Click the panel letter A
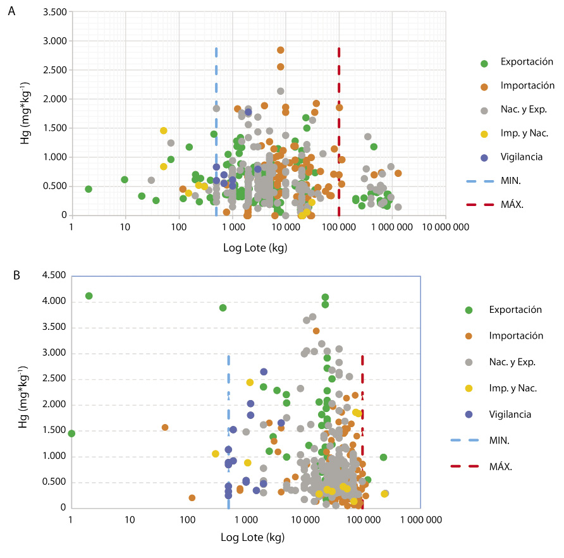tap(11, 11)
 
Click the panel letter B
tap(16, 276)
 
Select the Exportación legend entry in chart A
tap(517, 62)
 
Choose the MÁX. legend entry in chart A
tap(494, 205)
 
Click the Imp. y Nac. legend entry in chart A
tap(514, 133)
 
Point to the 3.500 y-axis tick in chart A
tap(55, 12)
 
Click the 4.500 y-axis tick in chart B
tap(54, 275)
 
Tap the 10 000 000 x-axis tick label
tap(445, 227)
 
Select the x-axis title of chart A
tap(255, 248)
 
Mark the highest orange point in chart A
tap(281, 50)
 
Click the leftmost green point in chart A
tap(89, 189)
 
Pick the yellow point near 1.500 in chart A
tap(164, 131)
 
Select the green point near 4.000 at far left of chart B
tap(89, 296)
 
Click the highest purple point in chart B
tap(264, 372)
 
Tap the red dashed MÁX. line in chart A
tap(339, 132)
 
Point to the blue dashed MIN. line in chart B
tap(228, 432)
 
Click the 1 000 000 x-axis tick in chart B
tap(421, 520)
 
